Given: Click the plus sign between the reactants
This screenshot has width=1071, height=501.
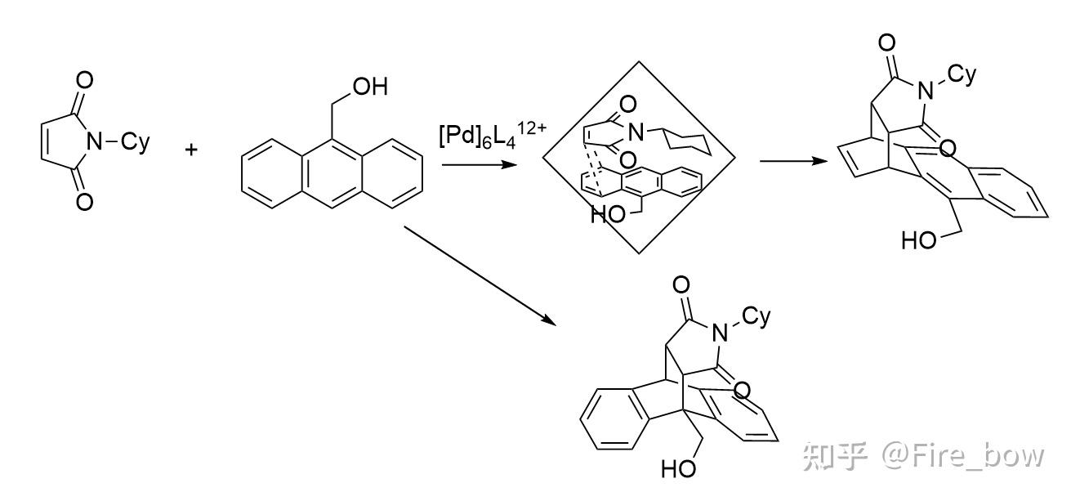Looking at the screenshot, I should pyautogui.click(x=193, y=150).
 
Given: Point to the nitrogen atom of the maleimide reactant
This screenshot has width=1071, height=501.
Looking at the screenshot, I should pyautogui.click(x=96, y=141).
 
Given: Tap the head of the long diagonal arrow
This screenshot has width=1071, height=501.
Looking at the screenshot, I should pyautogui.click(x=560, y=322).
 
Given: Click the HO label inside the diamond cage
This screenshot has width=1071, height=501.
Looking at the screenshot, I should pyautogui.click(x=606, y=216).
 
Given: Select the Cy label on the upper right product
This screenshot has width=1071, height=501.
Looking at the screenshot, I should pyautogui.click(x=964, y=75).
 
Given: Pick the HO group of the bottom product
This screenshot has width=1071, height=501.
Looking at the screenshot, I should pyautogui.click(x=676, y=470).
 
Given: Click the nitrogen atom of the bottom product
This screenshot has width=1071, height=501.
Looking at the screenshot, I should pyautogui.click(x=720, y=332).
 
